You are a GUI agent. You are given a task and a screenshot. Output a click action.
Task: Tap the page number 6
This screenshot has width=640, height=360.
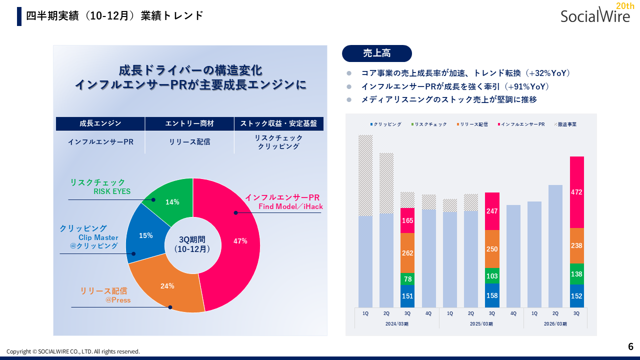[x=630, y=346]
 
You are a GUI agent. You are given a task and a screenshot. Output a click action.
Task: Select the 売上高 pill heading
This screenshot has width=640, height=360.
[x=376, y=53]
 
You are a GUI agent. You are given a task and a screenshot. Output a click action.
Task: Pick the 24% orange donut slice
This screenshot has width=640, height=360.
[x=167, y=286]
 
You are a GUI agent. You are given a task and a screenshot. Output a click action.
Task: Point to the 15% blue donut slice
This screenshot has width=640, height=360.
[x=145, y=235]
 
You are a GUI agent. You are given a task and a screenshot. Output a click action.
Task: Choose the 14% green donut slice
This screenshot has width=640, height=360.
[x=172, y=202]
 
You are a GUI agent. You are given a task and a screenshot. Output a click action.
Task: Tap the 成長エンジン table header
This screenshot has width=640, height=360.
[x=100, y=123]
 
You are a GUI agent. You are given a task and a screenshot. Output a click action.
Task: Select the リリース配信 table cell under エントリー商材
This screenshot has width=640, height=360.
[x=189, y=142]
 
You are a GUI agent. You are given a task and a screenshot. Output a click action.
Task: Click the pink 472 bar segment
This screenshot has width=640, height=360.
[x=576, y=192]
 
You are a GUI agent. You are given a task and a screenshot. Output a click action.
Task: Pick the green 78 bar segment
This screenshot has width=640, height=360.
[x=407, y=279]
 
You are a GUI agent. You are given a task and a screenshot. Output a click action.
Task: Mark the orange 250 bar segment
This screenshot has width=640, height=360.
[x=492, y=249]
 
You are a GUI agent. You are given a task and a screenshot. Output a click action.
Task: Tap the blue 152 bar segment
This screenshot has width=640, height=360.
[x=576, y=296]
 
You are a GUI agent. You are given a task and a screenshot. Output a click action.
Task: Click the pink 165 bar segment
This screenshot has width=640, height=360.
[x=407, y=220]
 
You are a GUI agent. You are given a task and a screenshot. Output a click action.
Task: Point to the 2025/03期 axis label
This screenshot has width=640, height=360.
[x=481, y=324]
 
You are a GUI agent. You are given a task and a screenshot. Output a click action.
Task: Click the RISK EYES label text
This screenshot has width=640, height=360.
[x=112, y=191]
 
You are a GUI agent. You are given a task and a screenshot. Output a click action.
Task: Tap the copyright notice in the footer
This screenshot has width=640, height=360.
[x=73, y=351]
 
